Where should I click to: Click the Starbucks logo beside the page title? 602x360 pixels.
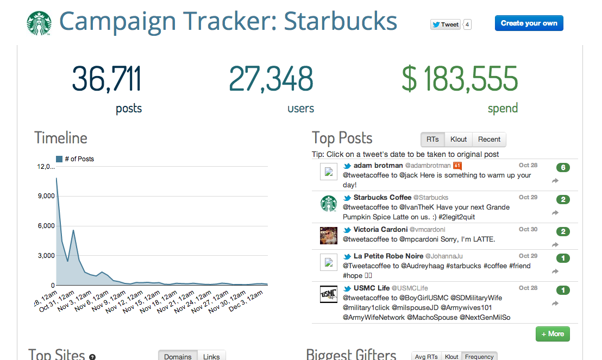(39, 23)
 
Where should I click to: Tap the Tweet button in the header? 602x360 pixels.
(446, 24)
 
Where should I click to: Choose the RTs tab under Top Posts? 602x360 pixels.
(432, 140)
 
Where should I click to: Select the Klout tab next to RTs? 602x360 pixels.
(459, 140)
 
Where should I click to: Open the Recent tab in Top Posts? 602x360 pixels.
(489, 140)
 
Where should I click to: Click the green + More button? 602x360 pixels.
(553, 334)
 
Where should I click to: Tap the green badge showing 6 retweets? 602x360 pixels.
(563, 168)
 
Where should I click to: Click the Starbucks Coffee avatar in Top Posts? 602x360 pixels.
(328, 204)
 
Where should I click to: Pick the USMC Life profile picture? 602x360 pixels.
(328, 294)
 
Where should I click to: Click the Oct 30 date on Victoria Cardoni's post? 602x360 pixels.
(528, 229)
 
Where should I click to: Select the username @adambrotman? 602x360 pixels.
(428, 166)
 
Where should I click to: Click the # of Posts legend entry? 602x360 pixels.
(76, 159)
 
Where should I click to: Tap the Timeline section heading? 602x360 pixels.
(61, 138)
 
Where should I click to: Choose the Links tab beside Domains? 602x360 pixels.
(211, 356)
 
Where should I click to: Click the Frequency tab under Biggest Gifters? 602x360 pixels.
(479, 357)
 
